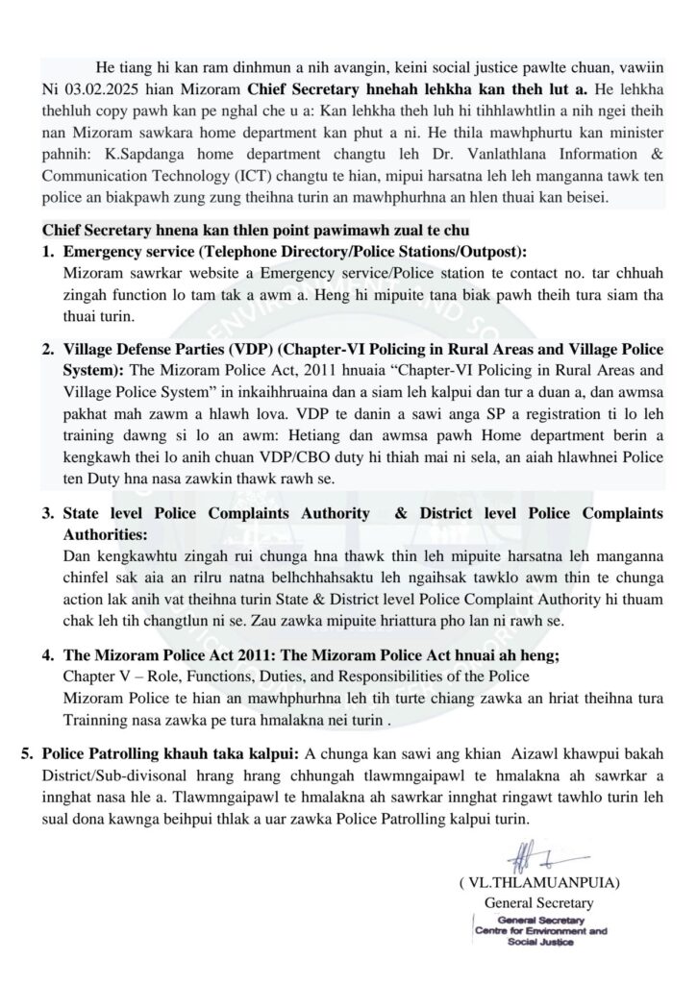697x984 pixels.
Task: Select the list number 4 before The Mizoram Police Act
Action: [47, 655]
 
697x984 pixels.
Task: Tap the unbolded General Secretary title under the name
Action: [538, 902]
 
